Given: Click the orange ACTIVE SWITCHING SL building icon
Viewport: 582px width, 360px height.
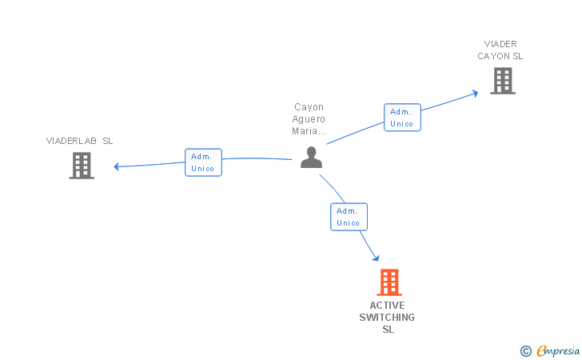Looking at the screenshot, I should point(389,282).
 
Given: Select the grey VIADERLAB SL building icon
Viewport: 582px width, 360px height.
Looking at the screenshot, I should point(82,165).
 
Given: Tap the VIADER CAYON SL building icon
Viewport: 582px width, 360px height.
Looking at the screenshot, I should point(502,80).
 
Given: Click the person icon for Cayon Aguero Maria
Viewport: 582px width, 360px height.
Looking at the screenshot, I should point(311,157).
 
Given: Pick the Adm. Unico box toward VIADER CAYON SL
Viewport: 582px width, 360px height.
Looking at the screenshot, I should point(402,118).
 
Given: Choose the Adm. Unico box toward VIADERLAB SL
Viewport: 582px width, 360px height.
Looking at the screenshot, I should point(203,162).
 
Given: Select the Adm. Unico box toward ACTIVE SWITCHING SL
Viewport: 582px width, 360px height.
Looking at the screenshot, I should point(349,217).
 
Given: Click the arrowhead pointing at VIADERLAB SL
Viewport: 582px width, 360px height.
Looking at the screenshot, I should point(117,166).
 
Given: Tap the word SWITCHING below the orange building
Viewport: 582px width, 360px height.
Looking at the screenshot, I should point(387,318).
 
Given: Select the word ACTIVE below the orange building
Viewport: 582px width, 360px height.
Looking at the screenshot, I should point(387,306).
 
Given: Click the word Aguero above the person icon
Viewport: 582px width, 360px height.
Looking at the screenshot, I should point(309,119).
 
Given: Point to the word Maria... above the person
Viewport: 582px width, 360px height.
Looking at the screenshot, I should point(309,131).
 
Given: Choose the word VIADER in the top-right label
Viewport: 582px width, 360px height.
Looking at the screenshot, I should point(500,44).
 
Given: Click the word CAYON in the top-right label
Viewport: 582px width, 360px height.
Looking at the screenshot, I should point(492,56).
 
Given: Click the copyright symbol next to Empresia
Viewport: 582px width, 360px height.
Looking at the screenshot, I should point(525,350).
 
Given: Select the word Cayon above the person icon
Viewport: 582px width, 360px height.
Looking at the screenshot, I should point(309,107).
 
